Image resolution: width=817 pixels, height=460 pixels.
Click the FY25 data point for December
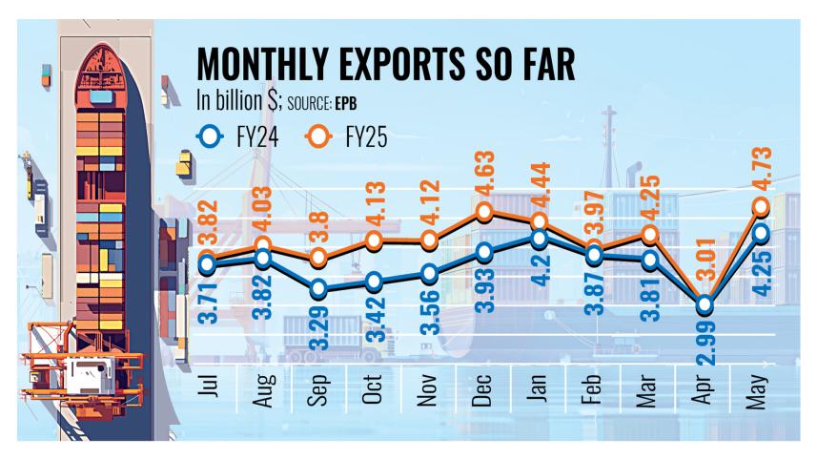click(485, 212)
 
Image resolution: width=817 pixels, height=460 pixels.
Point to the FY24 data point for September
click(317, 288)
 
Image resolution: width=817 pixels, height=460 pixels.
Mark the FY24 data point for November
click(429, 274)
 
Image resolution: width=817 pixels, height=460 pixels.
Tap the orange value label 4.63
click(485, 177)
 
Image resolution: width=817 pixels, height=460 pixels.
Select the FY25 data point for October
click(373, 241)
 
